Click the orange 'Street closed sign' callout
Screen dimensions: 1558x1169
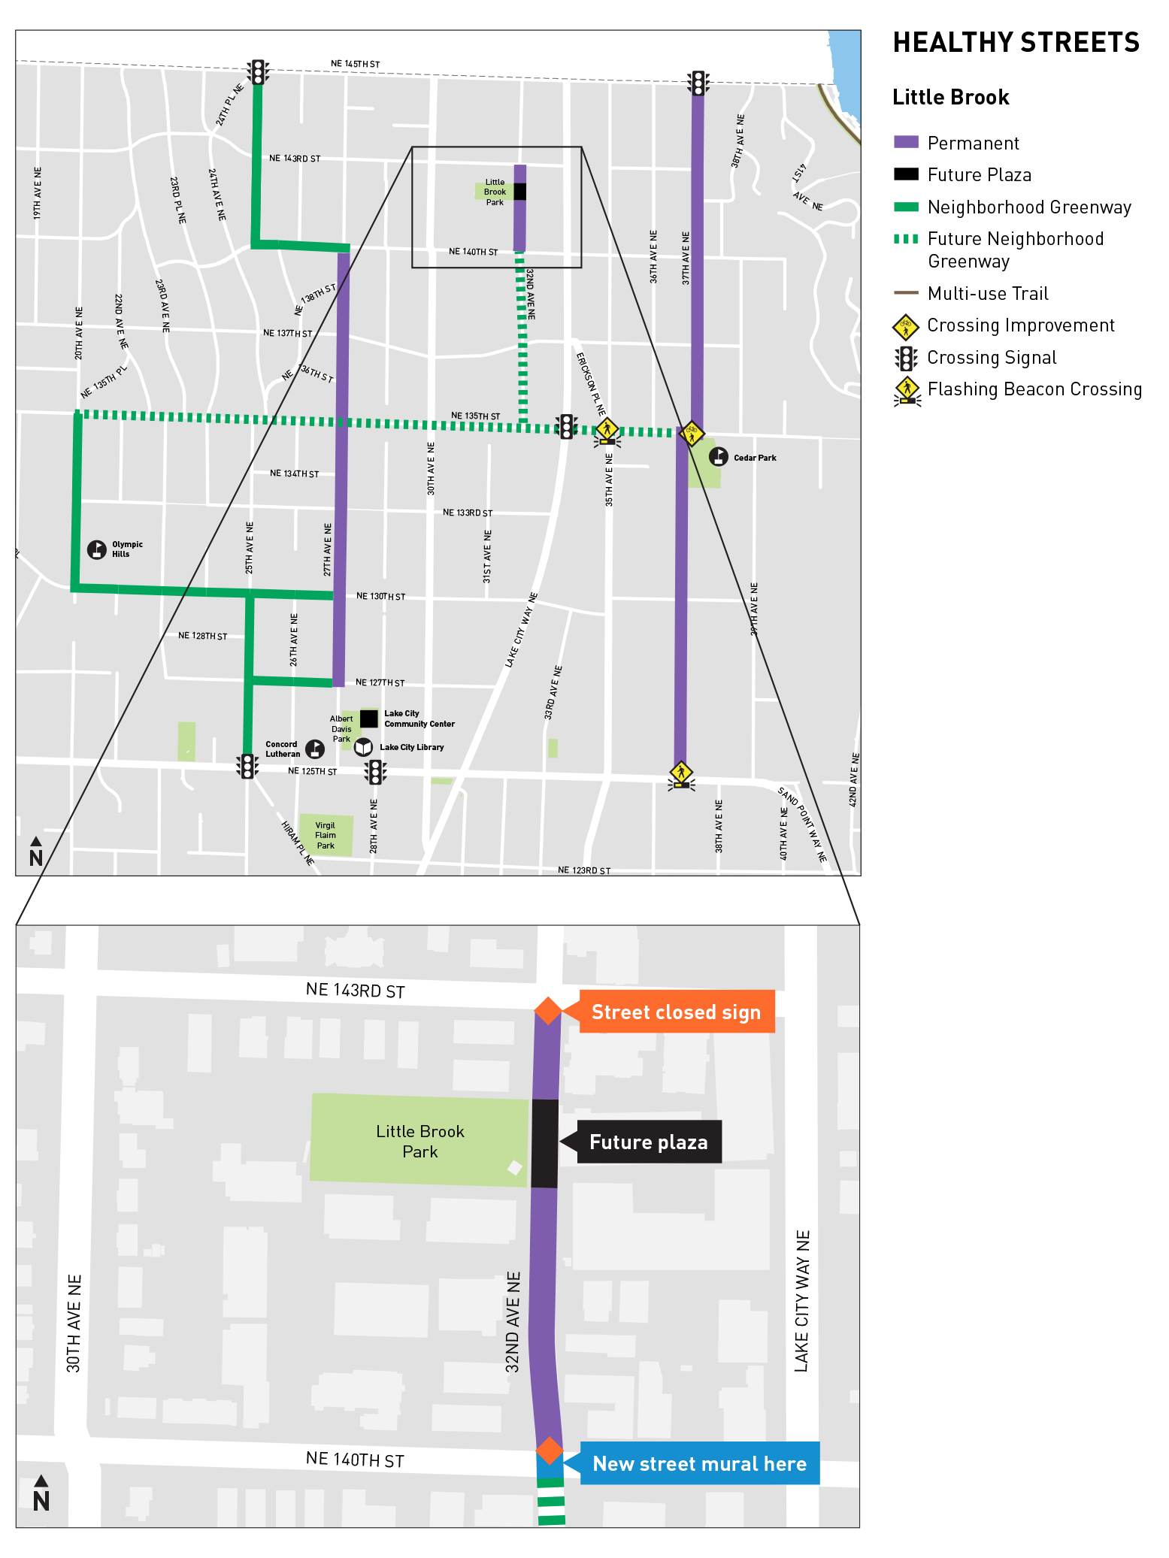pyautogui.click(x=676, y=1012)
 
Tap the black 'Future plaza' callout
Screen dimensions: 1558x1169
pyautogui.click(x=648, y=1142)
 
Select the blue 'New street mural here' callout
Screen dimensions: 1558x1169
pyautogui.click(x=699, y=1463)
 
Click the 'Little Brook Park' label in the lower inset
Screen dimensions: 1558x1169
pyautogui.click(x=419, y=1141)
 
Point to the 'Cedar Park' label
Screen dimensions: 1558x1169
pyautogui.click(x=755, y=458)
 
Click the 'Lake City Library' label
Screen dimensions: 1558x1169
pyautogui.click(x=411, y=747)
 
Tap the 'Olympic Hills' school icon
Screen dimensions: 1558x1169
pyautogui.click(x=97, y=549)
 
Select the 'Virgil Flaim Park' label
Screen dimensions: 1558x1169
pyautogui.click(x=326, y=835)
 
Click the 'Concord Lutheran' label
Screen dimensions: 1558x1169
pyautogui.click(x=283, y=749)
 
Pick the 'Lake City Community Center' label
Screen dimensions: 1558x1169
pyautogui.click(x=419, y=718)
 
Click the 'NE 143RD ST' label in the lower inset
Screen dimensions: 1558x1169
pyautogui.click(x=355, y=991)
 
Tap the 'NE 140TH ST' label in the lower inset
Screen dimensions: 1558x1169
pyautogui.click(x=355, y=1460)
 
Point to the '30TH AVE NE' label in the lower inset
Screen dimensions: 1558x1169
pyautogui.click(x=74, y=1324)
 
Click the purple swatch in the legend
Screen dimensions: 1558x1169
pyautogui.click(x=906, y=141)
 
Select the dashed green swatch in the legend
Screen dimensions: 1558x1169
pyautogui.click(x=906, y=238)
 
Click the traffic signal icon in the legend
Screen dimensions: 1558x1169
pyautogui.click(x=907, y=359)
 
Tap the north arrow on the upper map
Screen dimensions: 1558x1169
pyautogui.click(x=36, y=852)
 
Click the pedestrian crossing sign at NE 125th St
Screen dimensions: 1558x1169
pyautogui.click(x=681, y=774)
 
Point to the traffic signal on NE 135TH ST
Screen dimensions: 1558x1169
pyautogui.click(x=566, y=426)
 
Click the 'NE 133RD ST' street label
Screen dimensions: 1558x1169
pyautogui.click(x=468, y=513)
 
